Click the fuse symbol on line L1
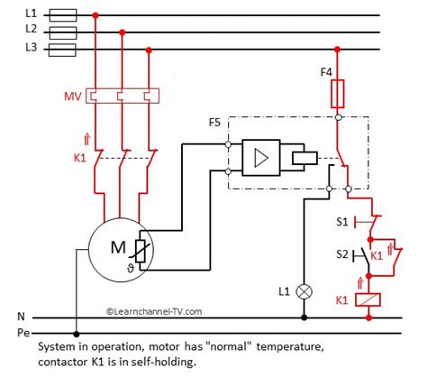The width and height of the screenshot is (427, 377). click(63, 14)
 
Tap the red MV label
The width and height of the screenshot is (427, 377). click(75, 95)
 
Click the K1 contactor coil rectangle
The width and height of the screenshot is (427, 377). click(367, 299)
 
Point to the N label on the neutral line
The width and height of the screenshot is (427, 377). click(22, 317)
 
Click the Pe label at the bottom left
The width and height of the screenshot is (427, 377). click(24, 334)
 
